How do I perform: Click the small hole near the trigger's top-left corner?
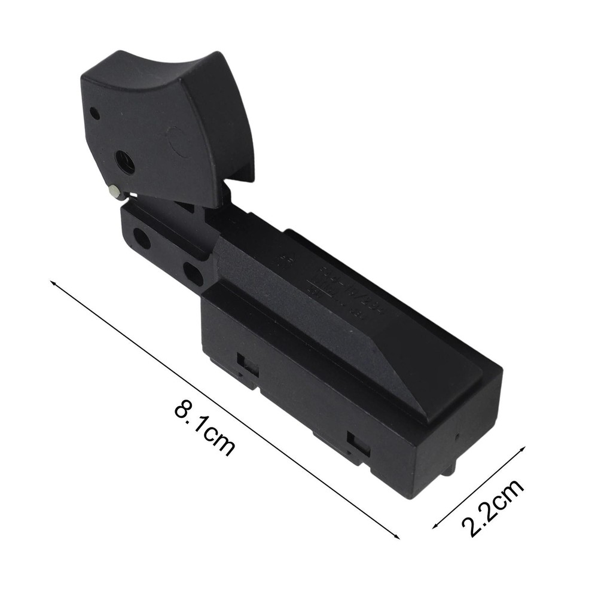(x=94, y=112)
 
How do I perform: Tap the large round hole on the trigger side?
(x=126, y=162)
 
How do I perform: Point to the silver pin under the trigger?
(x=114, y=191)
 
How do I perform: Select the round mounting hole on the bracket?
(x=142, y=238)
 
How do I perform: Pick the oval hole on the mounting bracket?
(x=193, y=273)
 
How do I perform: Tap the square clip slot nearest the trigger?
(x=248, y=364)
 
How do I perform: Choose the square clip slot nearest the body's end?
(x=359, y=446)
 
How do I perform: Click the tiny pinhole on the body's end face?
(x=457, y=436)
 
